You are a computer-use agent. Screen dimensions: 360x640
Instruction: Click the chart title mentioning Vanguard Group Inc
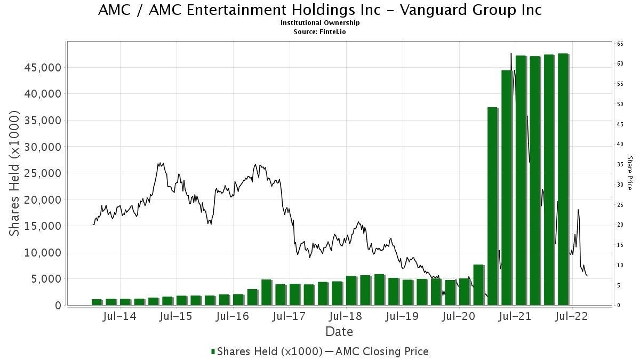[320, 10]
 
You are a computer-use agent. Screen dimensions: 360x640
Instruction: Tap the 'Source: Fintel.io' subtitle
[320, 31]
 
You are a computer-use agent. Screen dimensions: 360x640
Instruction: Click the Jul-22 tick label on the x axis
[572, 316]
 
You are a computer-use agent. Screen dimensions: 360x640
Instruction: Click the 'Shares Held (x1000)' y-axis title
[15, 173]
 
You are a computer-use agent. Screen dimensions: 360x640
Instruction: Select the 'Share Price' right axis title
[629, 173]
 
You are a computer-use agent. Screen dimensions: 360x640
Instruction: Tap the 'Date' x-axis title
[339, 332]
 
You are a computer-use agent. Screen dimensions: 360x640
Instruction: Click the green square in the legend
[213, 351]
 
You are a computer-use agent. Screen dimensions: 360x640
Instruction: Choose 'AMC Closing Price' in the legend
[382, 351]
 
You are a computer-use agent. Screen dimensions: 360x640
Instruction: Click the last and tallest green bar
[563, 179]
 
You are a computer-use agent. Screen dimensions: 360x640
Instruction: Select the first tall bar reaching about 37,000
[492, 206]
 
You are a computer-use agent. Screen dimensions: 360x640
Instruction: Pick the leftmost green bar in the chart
[97, 302]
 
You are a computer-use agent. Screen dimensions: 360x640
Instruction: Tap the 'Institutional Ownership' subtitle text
[320, 23]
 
